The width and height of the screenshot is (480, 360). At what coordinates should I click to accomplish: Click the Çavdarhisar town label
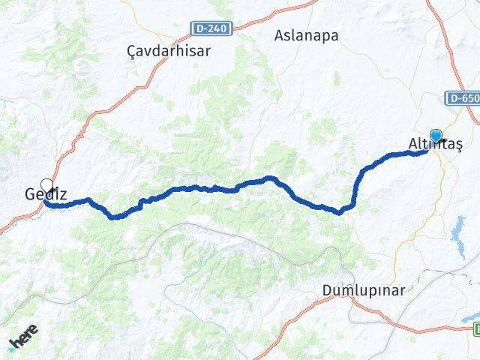169,51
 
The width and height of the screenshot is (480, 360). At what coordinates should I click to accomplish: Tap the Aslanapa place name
306,35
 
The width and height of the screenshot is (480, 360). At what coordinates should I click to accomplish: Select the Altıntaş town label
436,143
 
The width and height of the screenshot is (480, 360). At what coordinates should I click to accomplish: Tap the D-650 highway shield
463,98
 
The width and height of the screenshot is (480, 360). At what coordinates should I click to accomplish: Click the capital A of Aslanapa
280,35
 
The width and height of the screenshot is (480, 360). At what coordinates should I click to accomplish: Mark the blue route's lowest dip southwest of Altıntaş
339,212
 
